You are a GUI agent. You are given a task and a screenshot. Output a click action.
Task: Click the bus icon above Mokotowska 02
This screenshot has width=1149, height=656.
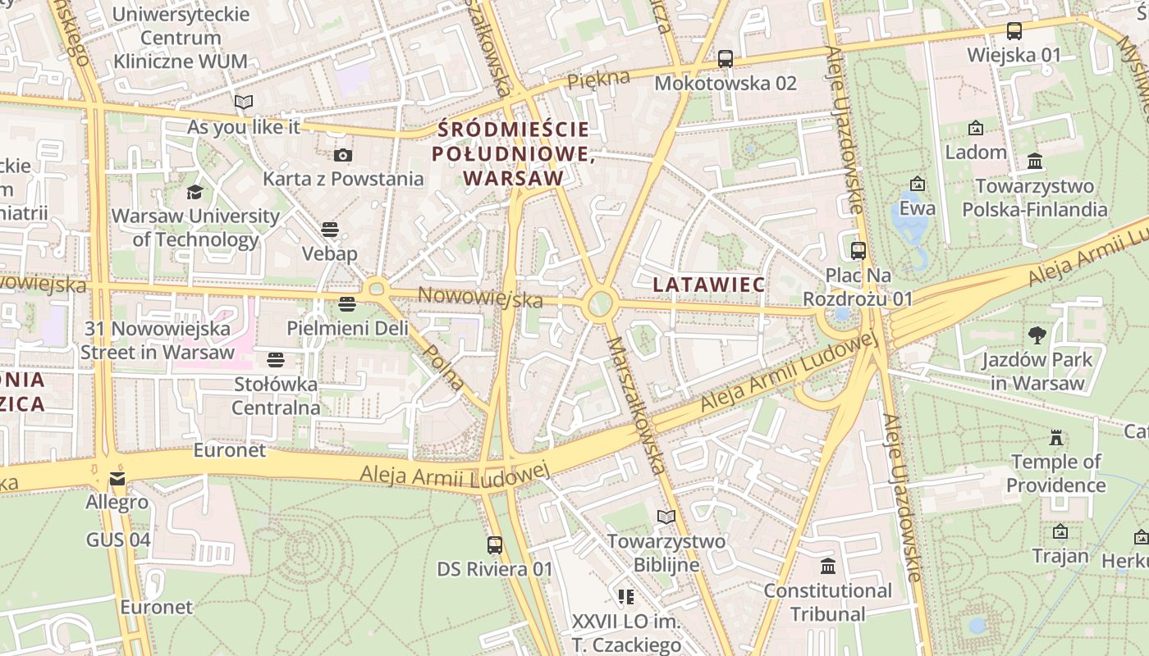pos(725,59)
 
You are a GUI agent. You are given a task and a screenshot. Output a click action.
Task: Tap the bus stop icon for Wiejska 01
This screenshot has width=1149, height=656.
pos(1014,31)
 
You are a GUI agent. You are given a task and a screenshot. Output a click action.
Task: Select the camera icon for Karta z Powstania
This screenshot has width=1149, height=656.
pos(343,155)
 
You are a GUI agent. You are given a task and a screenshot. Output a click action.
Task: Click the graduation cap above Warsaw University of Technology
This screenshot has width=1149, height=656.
pos(195,193)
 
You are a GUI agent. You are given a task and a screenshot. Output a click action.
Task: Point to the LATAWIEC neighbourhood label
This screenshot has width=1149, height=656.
pos(709,285)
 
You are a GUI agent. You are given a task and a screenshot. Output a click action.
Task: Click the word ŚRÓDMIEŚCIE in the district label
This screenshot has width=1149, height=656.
pos(514,130)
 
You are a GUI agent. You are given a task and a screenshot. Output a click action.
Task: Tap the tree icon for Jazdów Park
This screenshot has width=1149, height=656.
pos(1037,335)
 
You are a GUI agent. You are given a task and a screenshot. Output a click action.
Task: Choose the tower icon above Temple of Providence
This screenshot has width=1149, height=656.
pos(1056,438)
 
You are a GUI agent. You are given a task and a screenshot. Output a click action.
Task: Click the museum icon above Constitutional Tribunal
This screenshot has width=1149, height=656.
pos(828,567)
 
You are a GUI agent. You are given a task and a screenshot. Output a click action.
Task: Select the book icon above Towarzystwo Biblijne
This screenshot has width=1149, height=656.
pos(666,517)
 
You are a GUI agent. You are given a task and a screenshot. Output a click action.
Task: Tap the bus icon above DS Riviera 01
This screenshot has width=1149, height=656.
pos(495,545)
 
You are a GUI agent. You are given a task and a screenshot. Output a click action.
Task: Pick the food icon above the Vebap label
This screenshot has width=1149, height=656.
pos(330,230)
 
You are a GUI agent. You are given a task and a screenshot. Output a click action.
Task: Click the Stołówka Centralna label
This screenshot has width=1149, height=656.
pos(276,396)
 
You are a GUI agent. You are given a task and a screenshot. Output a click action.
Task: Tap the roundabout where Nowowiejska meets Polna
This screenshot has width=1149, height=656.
pos(377,288)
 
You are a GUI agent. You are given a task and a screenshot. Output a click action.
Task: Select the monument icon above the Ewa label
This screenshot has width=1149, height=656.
pos(918,184)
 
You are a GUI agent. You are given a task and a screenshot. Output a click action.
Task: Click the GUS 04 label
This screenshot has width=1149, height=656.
pos(118,540)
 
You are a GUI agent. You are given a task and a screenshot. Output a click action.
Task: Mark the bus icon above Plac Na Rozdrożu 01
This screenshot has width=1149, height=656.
pos(858,251)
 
